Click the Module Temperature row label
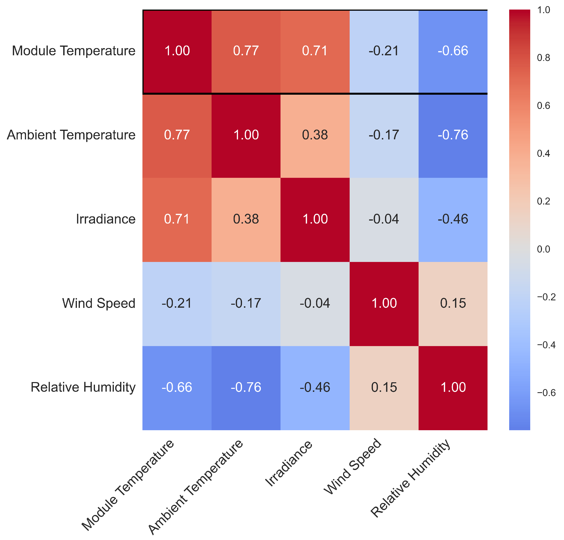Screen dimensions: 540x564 coord(74,51)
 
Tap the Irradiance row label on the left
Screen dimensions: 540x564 coord(105,219)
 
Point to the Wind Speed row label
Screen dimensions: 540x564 coord(99,303)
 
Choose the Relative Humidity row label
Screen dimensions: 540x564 coord(83,387)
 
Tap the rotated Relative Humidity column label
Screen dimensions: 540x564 coord(410,478)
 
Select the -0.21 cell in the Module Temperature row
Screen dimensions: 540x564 coord(384,51)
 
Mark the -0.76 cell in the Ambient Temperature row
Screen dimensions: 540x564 coord(453,135)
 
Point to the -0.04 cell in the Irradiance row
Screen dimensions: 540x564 coord(384,219)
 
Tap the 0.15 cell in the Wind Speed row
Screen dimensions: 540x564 coord(453,303)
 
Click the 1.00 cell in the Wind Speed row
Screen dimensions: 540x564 coord(384,303)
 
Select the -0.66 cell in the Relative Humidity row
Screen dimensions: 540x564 coord(177,387)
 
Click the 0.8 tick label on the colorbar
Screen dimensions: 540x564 coord(543,58)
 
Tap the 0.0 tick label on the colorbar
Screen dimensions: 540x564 coord(543,249)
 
